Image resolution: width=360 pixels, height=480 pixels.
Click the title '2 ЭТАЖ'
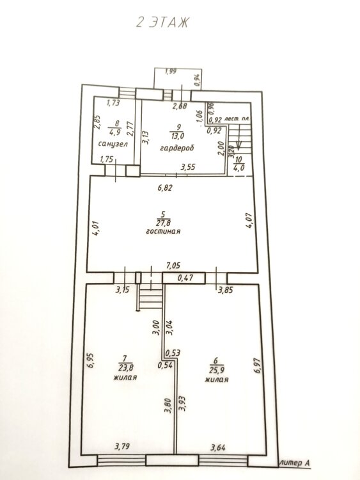tap(162, 22)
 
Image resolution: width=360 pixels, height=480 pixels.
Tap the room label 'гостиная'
tap(163, 231)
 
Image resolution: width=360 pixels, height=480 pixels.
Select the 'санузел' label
tap(113, 144)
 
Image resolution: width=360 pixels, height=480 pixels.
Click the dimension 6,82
tap(165, 188)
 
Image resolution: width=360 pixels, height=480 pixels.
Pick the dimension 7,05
tap(173, 266)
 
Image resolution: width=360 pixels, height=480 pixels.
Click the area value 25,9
tap(217, 370)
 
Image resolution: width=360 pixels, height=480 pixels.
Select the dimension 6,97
tap(258, 365)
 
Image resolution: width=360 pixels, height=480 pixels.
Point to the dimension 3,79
tap(122, 446)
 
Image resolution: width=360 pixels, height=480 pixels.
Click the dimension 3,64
tap(218, 447)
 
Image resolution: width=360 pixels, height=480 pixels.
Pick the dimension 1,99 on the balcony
tap(171, 72)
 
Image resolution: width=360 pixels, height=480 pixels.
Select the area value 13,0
tap(178, 136)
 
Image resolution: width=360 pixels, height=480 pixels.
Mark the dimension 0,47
tap(185, 278)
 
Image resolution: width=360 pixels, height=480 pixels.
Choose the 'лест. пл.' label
tap(236, 118)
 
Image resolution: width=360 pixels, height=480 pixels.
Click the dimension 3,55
tap(188, 167)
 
